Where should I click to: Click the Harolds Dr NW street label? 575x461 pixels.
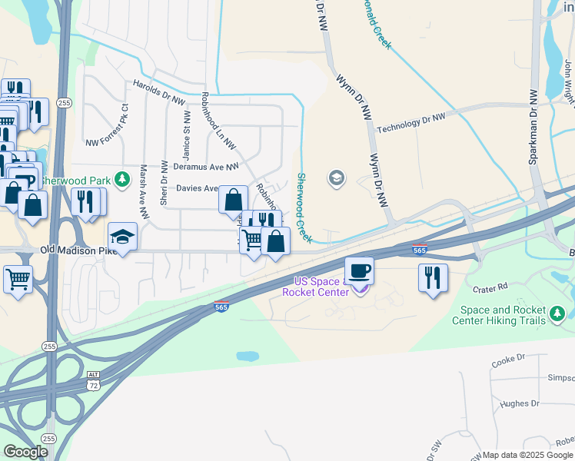[159, 92]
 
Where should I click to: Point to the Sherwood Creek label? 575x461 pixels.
[304, 205]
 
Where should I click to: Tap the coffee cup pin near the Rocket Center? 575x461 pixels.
[359, 271]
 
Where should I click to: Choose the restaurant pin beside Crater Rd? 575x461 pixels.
[433, 277]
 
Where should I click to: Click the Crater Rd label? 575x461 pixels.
[491, 287]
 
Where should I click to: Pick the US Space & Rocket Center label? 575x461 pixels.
[317, 287]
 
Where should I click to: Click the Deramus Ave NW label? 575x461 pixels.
[206, 166]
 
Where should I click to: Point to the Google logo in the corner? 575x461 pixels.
[25, 452]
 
